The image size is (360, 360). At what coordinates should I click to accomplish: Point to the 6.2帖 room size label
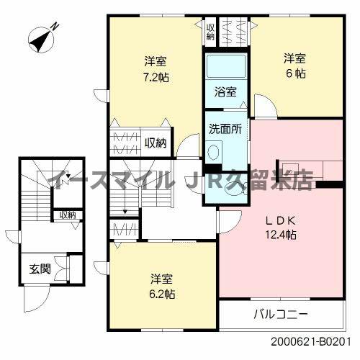163,294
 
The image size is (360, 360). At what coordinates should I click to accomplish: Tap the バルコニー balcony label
281,315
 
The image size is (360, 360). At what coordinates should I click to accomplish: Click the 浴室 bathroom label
225,91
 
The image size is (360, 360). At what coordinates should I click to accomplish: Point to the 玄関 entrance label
40,269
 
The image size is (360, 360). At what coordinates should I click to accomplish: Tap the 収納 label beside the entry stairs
68,215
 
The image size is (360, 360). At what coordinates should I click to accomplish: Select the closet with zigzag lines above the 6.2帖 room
120,230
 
